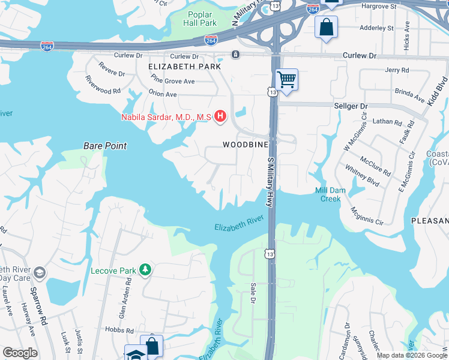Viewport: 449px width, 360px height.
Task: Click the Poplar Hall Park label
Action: (201, 19)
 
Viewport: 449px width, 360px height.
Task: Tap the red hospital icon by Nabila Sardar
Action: (220, 116)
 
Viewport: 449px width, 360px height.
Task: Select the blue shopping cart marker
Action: (287, 79)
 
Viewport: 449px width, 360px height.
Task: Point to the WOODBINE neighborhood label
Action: (245, 145)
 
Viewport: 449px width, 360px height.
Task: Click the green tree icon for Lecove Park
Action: (145, 271)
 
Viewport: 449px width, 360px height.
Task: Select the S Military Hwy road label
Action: (271, 181)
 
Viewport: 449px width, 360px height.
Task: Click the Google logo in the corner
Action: (20, 353)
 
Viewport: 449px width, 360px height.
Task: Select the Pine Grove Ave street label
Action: (173, 80)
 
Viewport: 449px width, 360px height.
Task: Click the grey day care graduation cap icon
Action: (40, 274)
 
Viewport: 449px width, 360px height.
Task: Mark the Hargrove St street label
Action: (379, 7)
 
